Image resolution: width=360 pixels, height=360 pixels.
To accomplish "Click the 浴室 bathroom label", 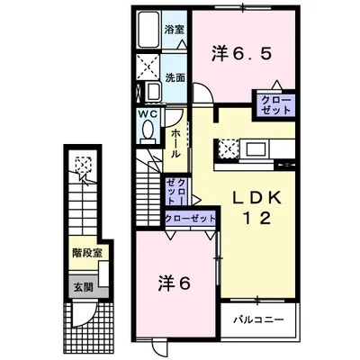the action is pyautogui.click(x=175, y=30).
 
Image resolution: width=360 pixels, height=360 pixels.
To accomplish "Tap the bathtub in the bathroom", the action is pyautogui.click(x=149, y=30).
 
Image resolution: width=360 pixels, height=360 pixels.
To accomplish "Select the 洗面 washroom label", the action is pyautogui.click(x=175, y=78).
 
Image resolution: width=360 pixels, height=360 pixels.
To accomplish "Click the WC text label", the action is pyautogui.click(x=148, y=114).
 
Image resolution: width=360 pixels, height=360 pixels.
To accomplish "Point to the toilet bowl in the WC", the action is pyautogui.click(x=148, y=130).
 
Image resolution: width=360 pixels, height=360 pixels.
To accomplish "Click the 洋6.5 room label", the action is pyautogui.click(x=242, y=54).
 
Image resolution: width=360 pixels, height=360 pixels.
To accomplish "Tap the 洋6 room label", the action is pyautogui.click(x=175, y=283).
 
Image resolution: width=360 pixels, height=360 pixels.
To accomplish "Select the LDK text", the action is pyautogui.click(x=256, y=198).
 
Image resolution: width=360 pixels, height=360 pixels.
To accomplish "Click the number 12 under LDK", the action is pyautogui.click(x=256, y=218).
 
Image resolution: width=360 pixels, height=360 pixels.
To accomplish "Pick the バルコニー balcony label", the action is pyautogui.click(x=258, y=319).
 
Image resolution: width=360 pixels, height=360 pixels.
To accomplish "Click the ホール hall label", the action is pyautogui.click(x=175, y=144).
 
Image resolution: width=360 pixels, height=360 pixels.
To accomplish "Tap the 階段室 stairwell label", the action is pyautogui.click(x=87, y=254).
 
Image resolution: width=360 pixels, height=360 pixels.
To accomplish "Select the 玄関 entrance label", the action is pyautogui.click(x=84, y=288).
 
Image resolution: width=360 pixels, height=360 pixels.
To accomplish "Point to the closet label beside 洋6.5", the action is pyautogui.click(x=275, y=105).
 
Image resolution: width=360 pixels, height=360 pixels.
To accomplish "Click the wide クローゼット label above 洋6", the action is pyautogui.click(x=191, y=218).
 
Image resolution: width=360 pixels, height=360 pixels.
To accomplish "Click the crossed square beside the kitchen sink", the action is pyautogui.click(x=228, y=148).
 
